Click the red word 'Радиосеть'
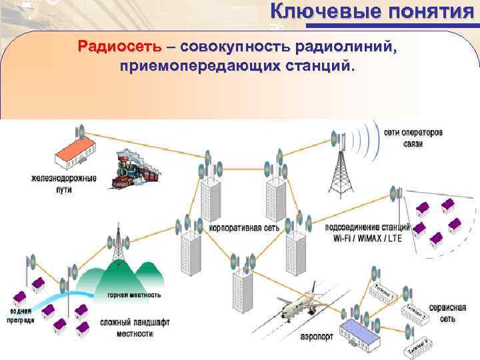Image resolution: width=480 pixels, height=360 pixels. (119, 48)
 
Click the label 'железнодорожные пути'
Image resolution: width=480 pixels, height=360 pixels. (63, 184)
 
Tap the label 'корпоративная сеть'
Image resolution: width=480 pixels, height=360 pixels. (243, 227)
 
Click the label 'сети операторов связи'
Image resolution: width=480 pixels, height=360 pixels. (413, 138)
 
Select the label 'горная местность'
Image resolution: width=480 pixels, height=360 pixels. (134, 295)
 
